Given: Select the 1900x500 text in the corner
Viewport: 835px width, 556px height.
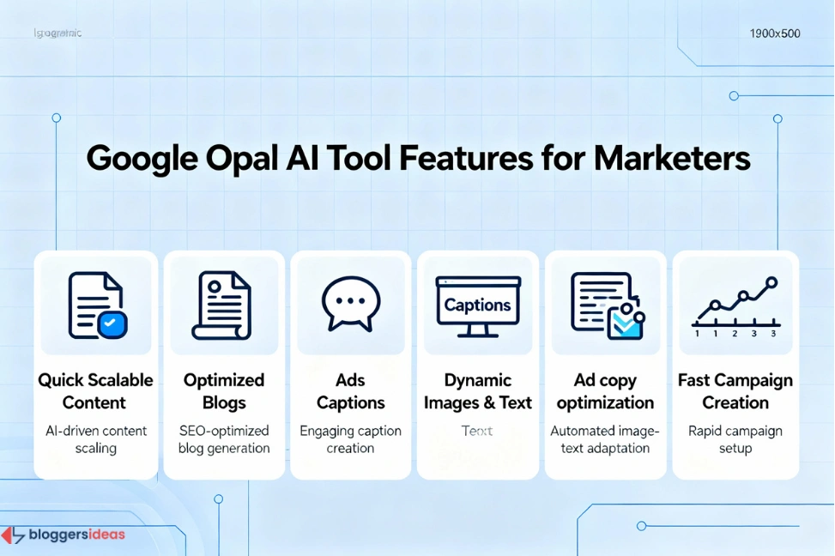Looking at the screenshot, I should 774,34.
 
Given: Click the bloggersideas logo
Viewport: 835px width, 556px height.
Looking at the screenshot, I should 64,535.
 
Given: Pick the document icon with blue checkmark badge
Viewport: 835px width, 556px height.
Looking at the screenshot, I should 97,305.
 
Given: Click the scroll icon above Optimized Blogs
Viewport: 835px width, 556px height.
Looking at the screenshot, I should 222,305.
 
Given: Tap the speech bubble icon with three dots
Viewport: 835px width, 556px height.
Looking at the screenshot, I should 350,303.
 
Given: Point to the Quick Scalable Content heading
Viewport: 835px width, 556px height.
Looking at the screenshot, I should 96,391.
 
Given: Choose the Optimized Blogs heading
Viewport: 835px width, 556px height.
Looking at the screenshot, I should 224,391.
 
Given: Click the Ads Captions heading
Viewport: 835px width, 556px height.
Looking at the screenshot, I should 350,391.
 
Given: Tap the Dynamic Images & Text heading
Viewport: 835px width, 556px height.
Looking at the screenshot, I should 478,391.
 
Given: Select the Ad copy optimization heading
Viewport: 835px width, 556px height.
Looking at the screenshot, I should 605,391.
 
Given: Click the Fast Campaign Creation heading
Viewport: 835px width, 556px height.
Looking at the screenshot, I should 735,391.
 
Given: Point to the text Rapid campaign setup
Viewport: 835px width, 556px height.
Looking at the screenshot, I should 735,439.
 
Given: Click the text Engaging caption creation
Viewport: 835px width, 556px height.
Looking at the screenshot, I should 350,439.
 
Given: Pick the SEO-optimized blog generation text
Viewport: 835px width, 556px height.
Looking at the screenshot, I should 224,439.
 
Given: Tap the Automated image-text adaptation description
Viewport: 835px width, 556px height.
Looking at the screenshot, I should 605,439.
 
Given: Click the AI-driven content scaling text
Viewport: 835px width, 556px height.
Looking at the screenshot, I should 96,439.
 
